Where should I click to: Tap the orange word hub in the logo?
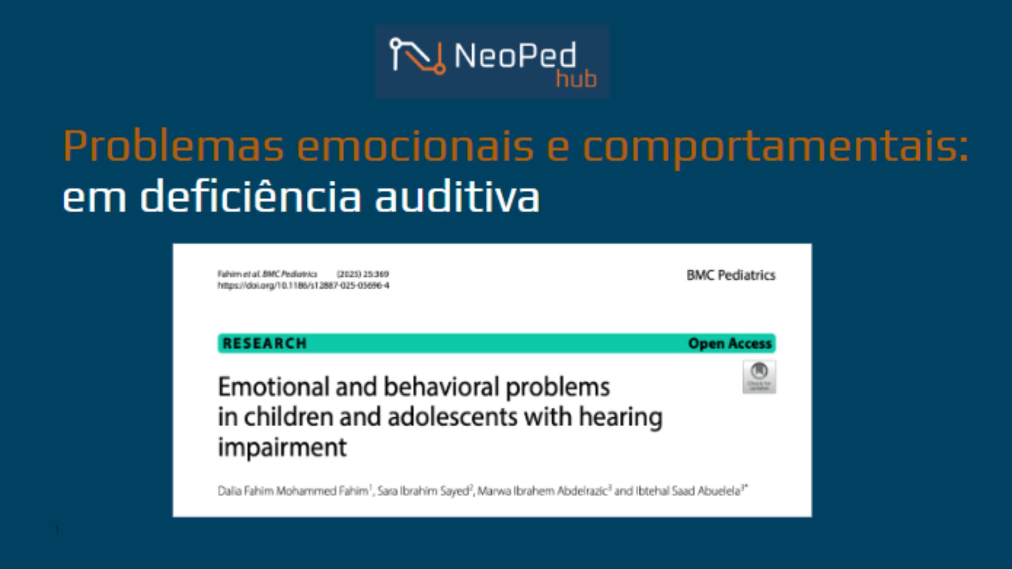(x=576, y=80)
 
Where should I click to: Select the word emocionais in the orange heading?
(x=416, y=146)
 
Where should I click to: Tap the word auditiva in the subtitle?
(x=457, y=197)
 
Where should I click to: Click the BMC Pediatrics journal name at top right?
(x=731, y=275)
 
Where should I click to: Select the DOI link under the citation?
(x=303, y=286)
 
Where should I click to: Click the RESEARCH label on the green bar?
(x=265, y=344)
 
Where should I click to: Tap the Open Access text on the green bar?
(x=729, y=344)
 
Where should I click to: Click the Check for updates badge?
(x=759, y=377)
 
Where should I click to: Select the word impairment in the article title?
(x=283, y=448)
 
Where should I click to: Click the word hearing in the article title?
(x=620, y=417)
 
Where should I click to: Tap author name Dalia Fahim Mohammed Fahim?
(x=293, y=491)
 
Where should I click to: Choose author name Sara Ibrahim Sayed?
(x=423, y=491)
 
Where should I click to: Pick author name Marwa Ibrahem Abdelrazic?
(x=542, y=491)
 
